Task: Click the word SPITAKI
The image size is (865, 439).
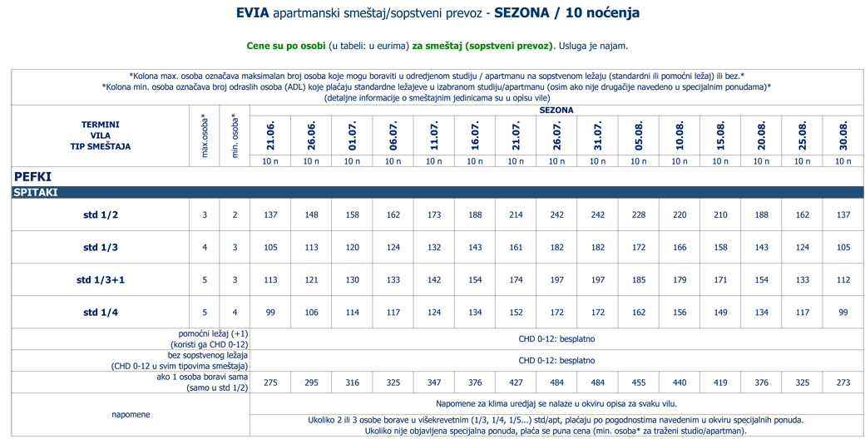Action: [x=36, y=192]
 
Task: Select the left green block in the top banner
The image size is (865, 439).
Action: [x=275, y=43]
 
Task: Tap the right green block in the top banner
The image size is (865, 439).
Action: [x=482, y=43]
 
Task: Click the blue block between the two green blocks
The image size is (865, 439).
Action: [x=369, y=46]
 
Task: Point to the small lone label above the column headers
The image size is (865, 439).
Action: [x=556, y=110]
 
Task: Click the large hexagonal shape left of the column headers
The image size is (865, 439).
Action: [x=100, y=136]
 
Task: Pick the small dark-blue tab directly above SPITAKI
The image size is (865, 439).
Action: [x=35, y=176]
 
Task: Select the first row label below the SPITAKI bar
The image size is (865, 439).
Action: [x=101, y=215]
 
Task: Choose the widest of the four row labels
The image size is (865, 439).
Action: [x=101, y=280]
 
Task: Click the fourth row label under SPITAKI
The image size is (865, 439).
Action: [x=101, y=313]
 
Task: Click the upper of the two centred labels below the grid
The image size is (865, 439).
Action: [x=556, y=338]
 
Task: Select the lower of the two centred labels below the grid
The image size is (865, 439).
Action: [x=556, y=361]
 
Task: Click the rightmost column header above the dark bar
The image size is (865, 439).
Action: [x=843, y=135]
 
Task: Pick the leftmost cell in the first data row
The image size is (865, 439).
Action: [x=204, y=215]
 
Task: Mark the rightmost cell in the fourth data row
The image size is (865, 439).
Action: [x=843, y=312]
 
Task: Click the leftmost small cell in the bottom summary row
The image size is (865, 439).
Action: [x=270, y=382]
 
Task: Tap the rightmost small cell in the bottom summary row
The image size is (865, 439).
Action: [x=843, y=382]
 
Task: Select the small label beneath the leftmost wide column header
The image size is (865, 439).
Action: [x=270, y=160]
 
